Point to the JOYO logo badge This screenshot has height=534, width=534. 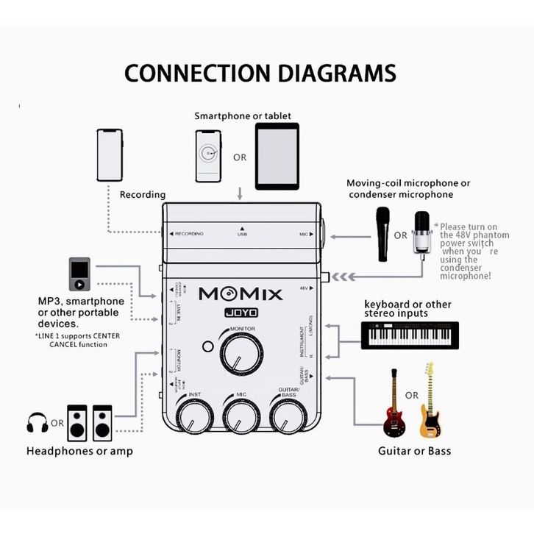click(x=241, y=311)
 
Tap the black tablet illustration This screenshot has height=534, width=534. click(x=277, y=156)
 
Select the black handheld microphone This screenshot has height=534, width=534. click(x=382, y=234)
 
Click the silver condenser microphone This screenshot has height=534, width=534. click(x=421, y=234)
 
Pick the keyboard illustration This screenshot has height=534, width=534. click(x=410, y=335)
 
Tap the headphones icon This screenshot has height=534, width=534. click(x=37, y=423)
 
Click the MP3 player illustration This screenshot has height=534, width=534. click(x=79, y=274)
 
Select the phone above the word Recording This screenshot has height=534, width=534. click(x=110, y=155)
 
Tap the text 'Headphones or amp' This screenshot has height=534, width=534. click(x=79, y=451)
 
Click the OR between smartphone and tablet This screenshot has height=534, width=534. click(x=240, y=157)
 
